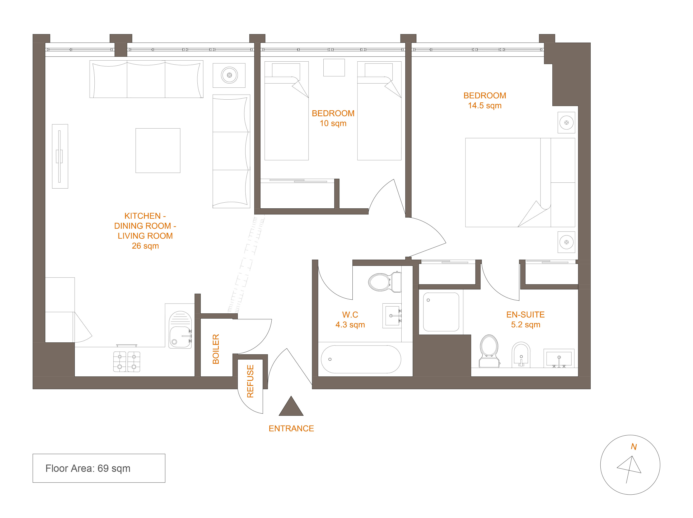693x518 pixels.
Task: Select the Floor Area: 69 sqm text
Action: click(88, 468)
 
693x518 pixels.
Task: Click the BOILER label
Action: click(216, 349)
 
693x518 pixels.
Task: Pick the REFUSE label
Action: click(250, 381)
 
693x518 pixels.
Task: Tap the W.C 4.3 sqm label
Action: click(350, 319)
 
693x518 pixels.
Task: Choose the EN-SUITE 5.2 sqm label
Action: click(525, 319)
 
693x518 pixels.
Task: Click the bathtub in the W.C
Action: click(361, 359)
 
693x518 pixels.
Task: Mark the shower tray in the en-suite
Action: click(441, 312)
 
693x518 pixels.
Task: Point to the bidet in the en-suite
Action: click(521, 355)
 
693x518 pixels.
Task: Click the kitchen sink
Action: click(180, 330)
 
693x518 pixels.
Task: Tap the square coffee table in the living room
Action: click(158, 151)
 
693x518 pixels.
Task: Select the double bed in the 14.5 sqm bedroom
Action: click(520, 182)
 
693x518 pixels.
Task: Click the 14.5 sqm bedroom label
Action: click(485, 101)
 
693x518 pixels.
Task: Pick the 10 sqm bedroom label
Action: click(333, 118)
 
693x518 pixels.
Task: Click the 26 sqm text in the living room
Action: click(145, 246)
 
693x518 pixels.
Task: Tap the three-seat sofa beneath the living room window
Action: click(146, 79)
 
